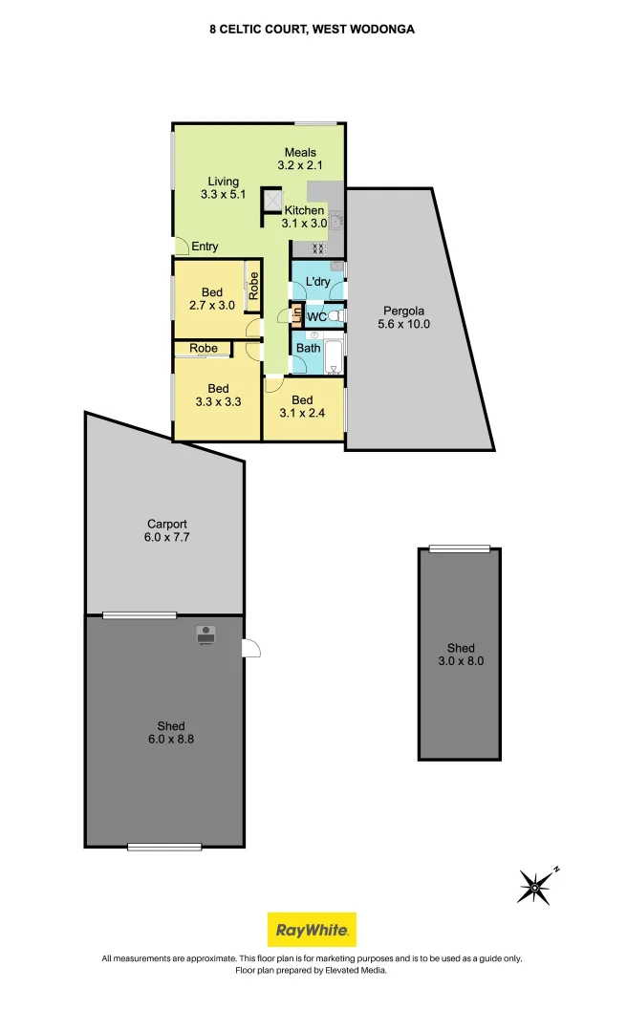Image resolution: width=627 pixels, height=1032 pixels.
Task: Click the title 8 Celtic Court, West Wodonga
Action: pos(313,30)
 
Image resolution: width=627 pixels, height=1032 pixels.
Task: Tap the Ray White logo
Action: pos(312,929)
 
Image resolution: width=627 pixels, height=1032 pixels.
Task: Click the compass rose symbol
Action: pos(536,887)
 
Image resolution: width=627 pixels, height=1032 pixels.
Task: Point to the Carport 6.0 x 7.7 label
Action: pos(166,530)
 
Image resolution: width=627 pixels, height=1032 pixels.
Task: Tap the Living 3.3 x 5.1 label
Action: pos(224,188)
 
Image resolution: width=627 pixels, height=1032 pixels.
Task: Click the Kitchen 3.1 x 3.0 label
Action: pos(304,217)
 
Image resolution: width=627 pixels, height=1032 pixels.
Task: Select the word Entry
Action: pos(205,247)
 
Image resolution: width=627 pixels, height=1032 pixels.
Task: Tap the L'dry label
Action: pos(317,282)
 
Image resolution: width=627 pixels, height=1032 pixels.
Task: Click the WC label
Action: pos(316,315)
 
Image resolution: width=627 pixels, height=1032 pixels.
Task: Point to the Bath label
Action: pos(308,349)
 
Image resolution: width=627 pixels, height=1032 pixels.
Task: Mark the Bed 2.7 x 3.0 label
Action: pos(211,298)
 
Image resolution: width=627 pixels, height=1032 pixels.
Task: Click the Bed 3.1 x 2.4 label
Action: pos(302,406)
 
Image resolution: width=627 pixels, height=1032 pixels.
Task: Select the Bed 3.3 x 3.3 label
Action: pos(218,395)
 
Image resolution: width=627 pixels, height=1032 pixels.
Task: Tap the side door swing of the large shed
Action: pos(251,649)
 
